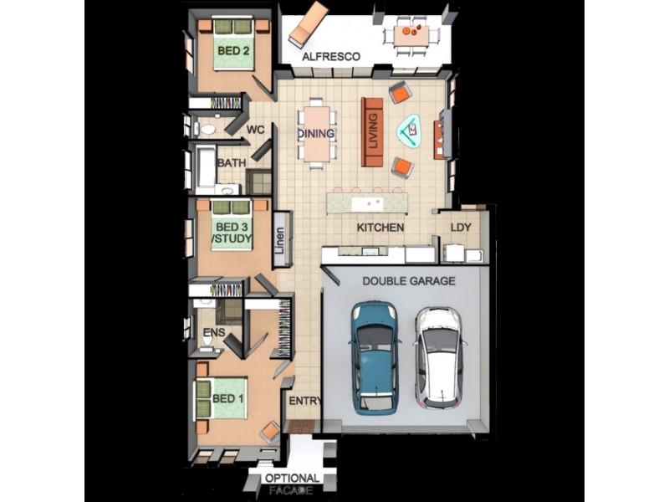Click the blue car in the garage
pos(375,358)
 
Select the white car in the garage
pos(441,356)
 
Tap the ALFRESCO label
pos(331,56)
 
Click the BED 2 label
pos(233,51)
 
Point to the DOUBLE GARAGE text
pos(409,281)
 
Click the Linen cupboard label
pos(280,240)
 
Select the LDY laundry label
pos(461,228)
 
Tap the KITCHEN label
pos(380,228)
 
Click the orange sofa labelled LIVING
pos(372,132)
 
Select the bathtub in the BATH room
pos(205,166)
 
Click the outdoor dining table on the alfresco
pos(411,36)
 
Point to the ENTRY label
pos(304,401)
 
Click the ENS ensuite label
pos(214,332)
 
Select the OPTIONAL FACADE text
pos(292,484)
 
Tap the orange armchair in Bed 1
pos(270,433)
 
